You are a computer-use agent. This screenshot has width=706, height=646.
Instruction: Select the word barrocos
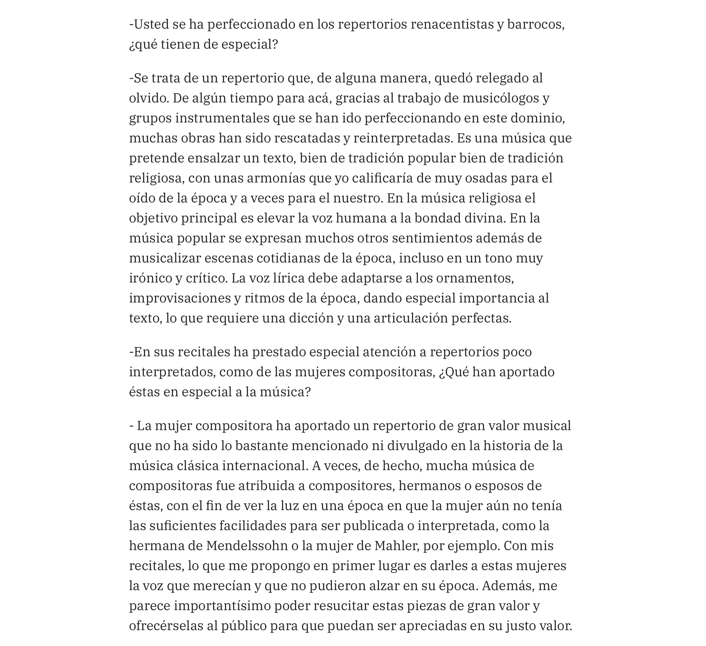point(535,24)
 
